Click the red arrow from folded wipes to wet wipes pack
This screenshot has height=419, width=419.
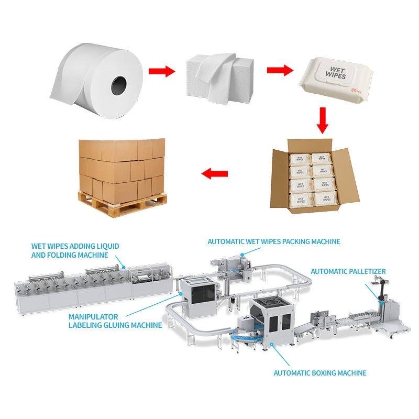click(x=279, y=70)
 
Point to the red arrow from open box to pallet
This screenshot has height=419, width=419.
click(x=215, y=173)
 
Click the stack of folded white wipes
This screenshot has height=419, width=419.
click(x=219, y=79)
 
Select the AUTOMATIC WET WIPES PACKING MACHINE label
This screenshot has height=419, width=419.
click(x=274, y=241)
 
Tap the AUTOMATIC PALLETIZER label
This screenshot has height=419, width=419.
click(x=348, y=271)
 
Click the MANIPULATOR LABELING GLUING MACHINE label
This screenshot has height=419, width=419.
click(x=115, y=321)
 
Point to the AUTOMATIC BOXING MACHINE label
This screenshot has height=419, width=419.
click(x=319, y=373)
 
